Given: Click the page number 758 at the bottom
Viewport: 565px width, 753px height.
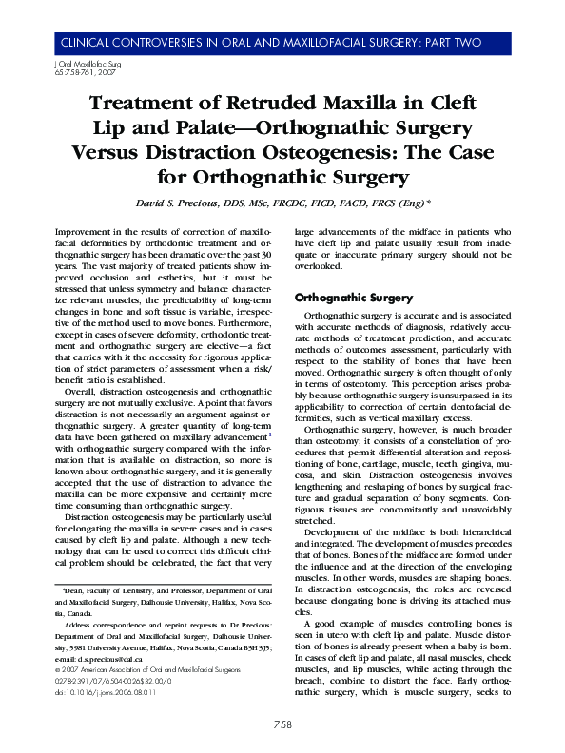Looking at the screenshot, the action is [282, 725].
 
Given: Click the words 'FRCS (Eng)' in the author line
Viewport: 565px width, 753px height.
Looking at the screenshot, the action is [399, 203].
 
